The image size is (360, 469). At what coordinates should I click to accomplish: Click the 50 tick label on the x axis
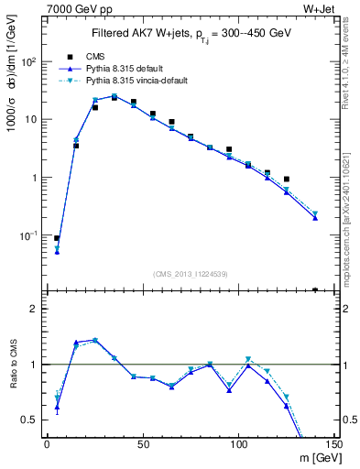point(142,443)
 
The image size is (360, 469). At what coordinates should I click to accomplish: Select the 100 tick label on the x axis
point(238,443)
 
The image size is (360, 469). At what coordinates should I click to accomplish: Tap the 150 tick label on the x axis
point(333,443)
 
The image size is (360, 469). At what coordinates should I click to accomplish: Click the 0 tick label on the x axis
point(47,443)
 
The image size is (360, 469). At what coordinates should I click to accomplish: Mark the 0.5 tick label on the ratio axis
point(31,420)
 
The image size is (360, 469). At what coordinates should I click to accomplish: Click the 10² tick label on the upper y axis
point(30,61)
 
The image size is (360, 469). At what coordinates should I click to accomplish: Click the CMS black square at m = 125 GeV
point(287,180)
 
